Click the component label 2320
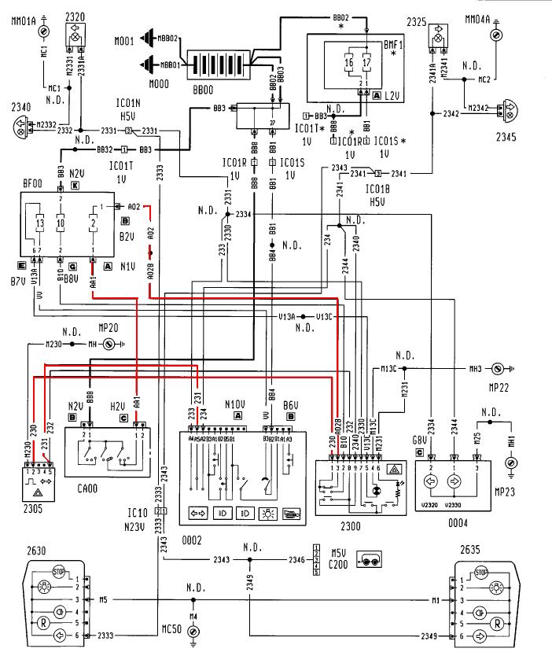[x=75, y=16]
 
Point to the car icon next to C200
[x=370, y=559]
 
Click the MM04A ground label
[x=497, y=17]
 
